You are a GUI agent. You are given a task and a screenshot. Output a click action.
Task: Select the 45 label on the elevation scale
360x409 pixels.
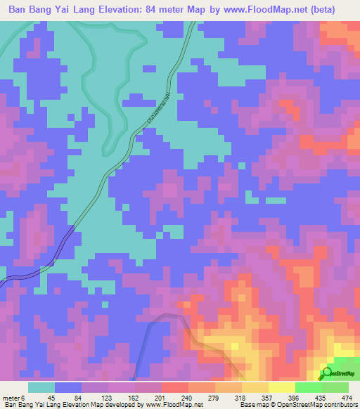(51, 397)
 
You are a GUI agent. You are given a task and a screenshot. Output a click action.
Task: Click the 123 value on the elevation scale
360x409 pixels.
(105, 397)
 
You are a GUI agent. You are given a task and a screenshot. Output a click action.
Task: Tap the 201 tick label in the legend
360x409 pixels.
(160, 397)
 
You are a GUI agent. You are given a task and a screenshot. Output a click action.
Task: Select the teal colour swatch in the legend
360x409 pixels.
(41, 387)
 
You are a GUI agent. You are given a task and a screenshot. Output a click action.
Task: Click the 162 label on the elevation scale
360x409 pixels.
(133, 397)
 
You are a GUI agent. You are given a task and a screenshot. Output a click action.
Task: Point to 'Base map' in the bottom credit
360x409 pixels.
(252, 405)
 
